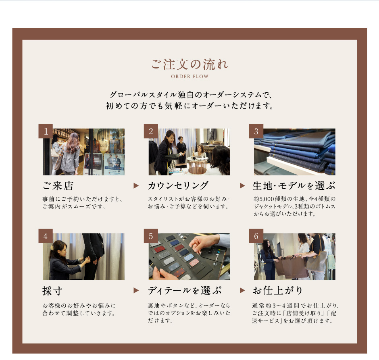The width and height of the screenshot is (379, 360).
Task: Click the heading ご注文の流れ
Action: point(189,64)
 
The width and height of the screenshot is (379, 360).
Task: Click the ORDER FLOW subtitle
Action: point(190,76)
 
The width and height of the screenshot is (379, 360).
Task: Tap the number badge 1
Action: point(46,131)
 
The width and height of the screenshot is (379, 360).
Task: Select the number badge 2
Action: point(151,131)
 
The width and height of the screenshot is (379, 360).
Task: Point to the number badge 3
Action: point(256,131)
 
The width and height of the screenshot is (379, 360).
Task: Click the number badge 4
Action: point(46,236)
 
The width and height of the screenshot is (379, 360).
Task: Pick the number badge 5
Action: point(151,236)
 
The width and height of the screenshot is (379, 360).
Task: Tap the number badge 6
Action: point(256,236)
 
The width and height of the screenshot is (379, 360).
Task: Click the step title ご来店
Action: point(58,186)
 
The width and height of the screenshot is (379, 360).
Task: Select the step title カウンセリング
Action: point(178,185)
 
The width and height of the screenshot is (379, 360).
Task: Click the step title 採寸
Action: point(52,291)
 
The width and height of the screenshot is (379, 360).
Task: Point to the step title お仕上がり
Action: point(277,290)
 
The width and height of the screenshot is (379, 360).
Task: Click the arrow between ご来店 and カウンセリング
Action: point(136,185)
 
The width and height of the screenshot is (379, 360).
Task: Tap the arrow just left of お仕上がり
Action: point(242,290)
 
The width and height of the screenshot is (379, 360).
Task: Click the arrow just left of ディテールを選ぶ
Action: point(136,290)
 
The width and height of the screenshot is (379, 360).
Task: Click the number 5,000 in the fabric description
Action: point(267,199)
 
